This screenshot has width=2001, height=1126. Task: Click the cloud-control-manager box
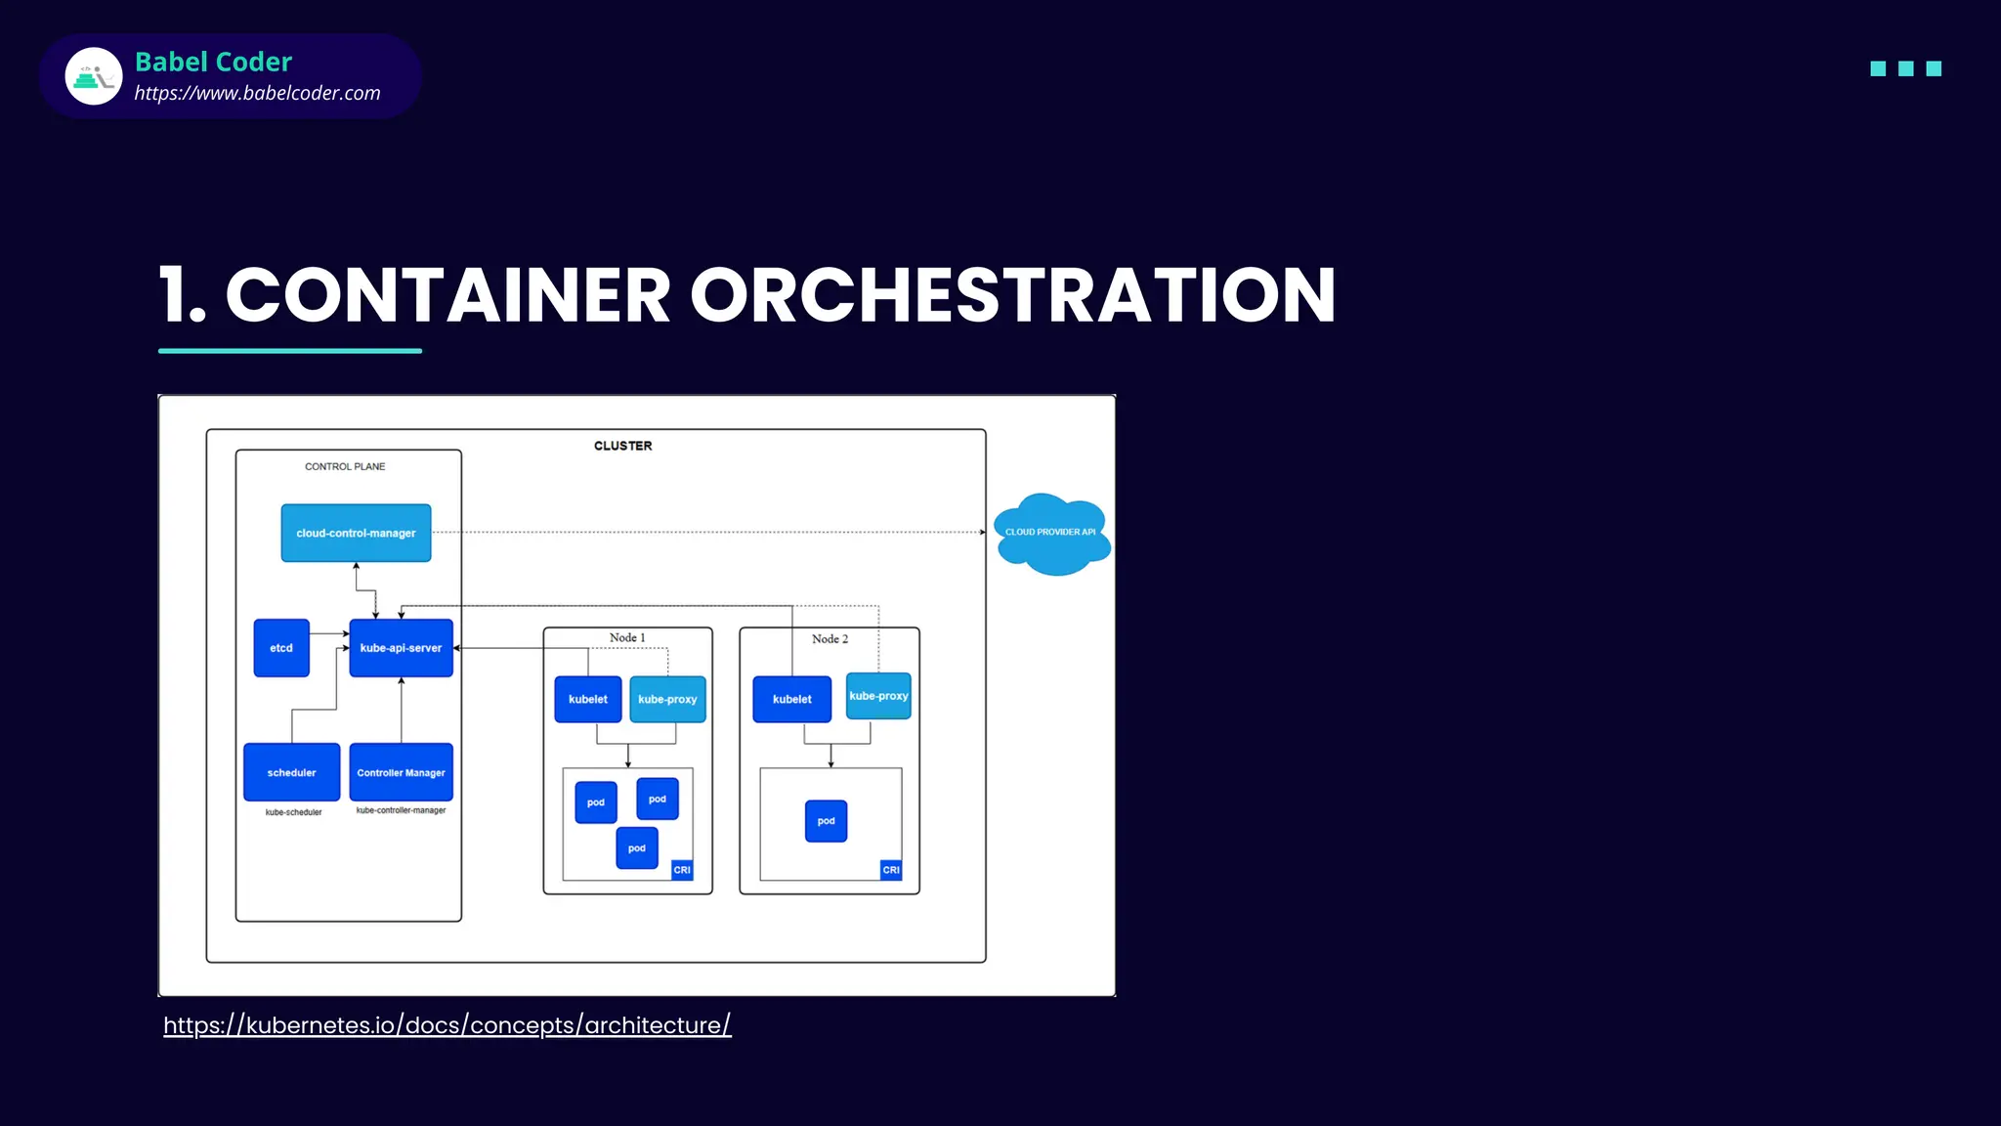(x=356, y=533)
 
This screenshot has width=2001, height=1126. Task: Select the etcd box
(x=281, y=648)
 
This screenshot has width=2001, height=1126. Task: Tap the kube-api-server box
(x=401, y=648)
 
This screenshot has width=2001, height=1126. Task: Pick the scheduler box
(x=291, y=772)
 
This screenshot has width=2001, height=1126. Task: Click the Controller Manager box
(x=401, y=772)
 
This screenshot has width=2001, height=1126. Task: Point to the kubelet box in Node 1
(x=587, y=699)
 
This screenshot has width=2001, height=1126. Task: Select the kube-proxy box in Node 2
(x=878, y=696)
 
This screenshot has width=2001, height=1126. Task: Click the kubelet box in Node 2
(x=791, y=699)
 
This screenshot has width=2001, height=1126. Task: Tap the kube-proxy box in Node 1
(x=667, y=699)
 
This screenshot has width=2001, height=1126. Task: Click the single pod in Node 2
(x=826, y=821)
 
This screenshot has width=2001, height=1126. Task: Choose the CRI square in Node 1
(x=682, y=870)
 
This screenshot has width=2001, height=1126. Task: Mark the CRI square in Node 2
(x=891, y=870)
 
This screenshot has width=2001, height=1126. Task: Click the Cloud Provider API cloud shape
(x=1051, y=534)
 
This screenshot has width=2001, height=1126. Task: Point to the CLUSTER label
(x=622, y=446)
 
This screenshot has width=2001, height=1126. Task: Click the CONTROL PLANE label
(x=345, y=466)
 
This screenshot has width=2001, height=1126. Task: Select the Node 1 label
(x=627, y=638)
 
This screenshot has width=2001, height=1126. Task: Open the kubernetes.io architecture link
(x=447, y=1025)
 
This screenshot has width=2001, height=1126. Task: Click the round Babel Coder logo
(x=94, y=76)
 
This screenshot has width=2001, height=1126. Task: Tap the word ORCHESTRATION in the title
(x=1012, y=295)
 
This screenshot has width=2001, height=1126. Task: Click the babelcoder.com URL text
(x=257, y=93)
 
